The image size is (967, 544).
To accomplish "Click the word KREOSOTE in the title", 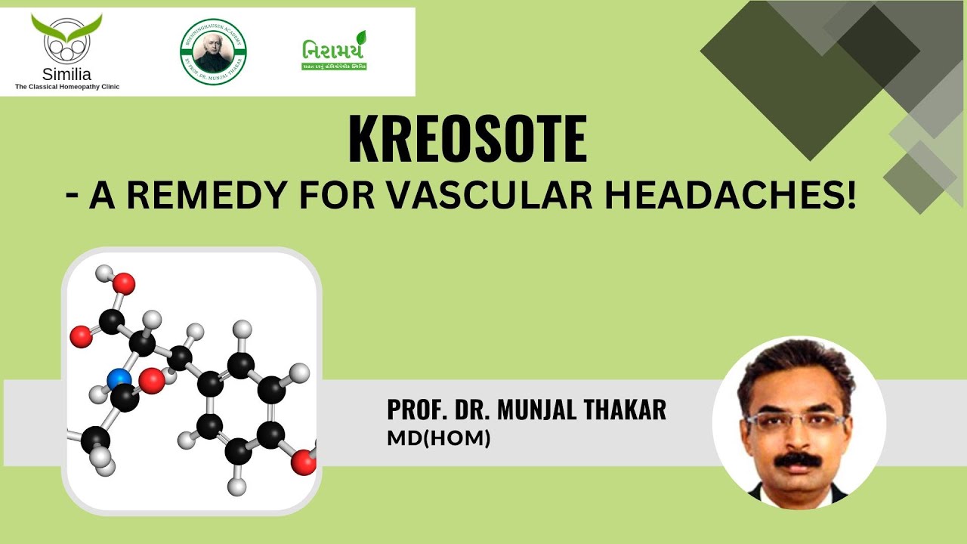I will coord(467,141).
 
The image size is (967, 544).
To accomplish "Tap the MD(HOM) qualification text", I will coord(439,437).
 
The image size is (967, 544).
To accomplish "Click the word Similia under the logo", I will coord(66,75).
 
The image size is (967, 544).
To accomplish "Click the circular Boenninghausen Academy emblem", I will coord(213,51).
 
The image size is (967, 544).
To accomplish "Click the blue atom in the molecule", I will coord(119,378).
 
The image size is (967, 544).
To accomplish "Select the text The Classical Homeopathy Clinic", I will coord(67,87).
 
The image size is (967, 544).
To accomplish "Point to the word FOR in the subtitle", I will coord(333,197).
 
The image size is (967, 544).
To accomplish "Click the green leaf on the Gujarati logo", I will coord(361,38).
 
